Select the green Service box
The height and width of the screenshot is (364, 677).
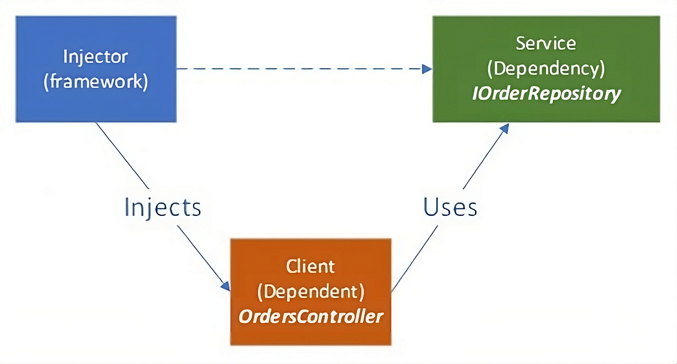(546, 110)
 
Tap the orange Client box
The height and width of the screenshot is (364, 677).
(311, 334)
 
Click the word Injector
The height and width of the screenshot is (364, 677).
(95, 56)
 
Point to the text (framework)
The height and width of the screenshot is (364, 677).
(96, 81)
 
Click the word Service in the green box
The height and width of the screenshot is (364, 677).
(546, 43)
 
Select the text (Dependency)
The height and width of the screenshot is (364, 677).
(546, 68)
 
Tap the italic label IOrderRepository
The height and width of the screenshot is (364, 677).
(546, 93)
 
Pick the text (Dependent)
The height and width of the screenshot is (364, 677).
(311, 291)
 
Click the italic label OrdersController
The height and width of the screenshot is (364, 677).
(311, 316)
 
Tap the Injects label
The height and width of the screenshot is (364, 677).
(163, 207)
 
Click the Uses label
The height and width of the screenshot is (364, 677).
(450, 207)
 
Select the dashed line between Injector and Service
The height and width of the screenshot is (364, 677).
(299, 69)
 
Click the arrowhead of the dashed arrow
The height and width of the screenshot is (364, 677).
(427, 69)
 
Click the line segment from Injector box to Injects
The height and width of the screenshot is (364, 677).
(122, 155)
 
